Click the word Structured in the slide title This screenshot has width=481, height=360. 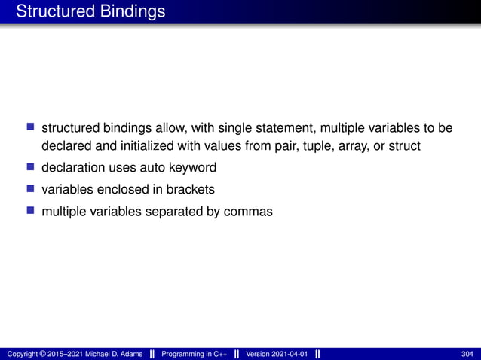(x=51, y=12)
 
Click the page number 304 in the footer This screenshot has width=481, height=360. (x=467, y=354)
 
